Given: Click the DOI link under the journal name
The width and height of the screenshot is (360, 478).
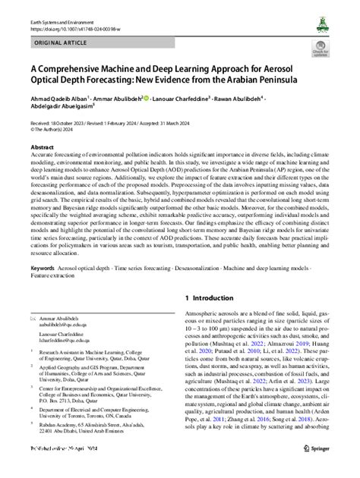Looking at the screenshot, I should [72, 16].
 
